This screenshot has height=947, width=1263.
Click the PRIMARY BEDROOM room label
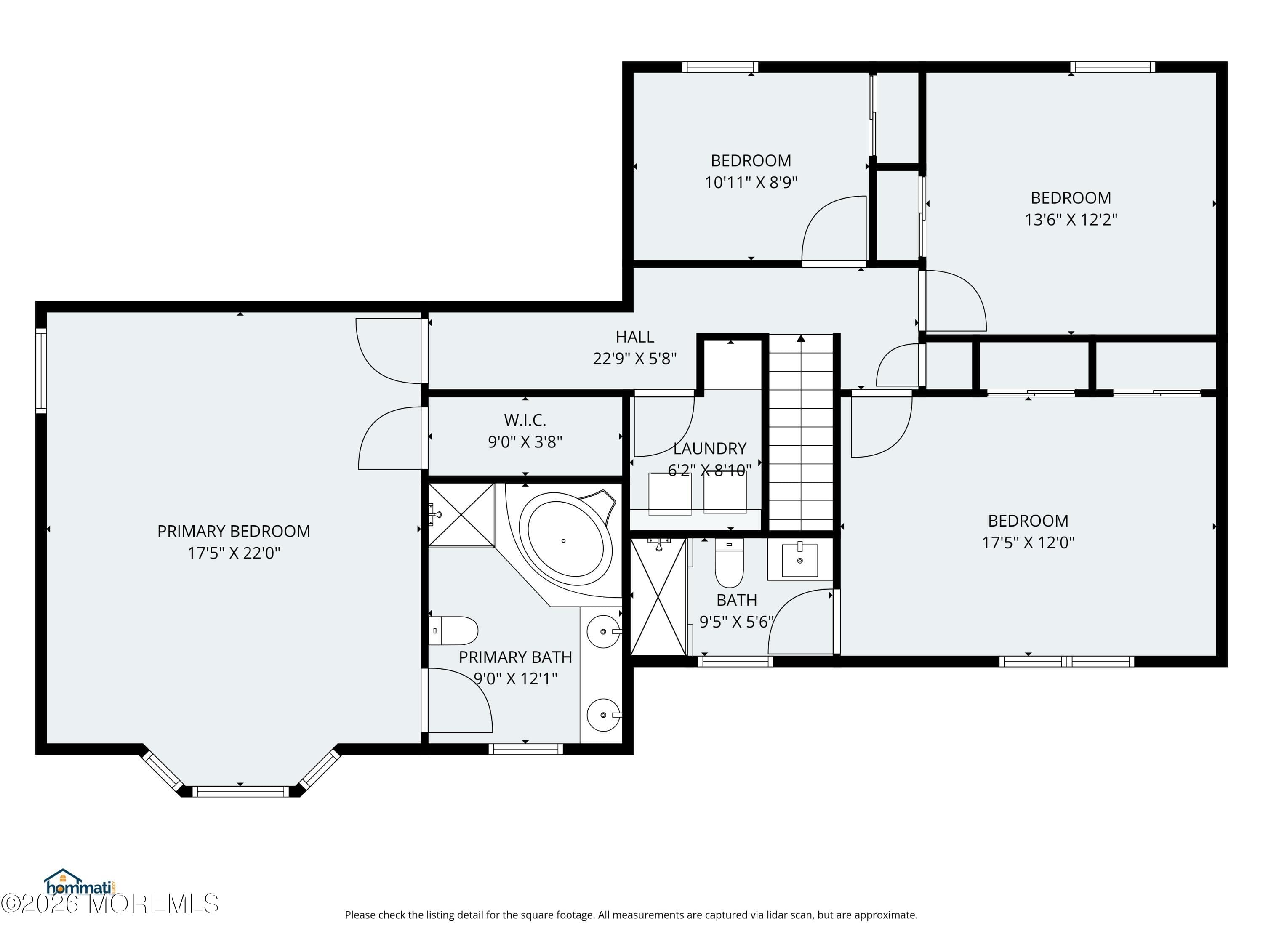(234, 532)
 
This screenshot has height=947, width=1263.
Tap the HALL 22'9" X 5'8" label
(634, 348)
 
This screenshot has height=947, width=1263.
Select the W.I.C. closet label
(525, 420)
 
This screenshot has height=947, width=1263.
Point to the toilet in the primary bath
(453, 631)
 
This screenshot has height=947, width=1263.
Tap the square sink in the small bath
(799, 561)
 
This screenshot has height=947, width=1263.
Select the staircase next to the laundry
(801, 434)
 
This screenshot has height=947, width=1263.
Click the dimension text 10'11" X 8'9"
(751, 183)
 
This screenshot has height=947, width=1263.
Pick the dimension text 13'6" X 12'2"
(1071, 220)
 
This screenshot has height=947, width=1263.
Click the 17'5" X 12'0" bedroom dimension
(1028, 542)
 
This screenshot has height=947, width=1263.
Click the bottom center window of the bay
(240, 791)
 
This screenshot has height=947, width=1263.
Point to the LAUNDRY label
(710, 449)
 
